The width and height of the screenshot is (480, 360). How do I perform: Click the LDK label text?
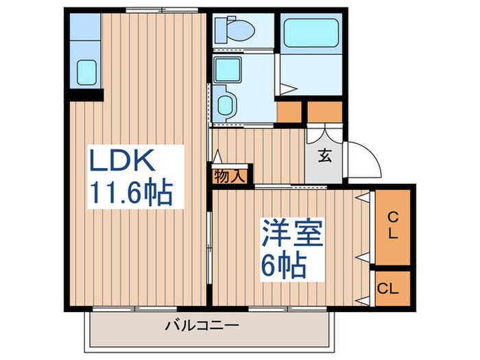pyautogui.click(x=127, y=163)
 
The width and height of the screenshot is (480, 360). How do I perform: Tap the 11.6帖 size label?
pyautogui.click(x=130, y=193)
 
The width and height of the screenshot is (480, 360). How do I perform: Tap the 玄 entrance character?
pyautogui.click(x=324, y=155)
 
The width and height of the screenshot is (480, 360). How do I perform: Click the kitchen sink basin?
pyautogui.click(x=86, y=71)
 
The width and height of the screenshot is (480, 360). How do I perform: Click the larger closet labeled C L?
pyautogui.click(x=393, y=226)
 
